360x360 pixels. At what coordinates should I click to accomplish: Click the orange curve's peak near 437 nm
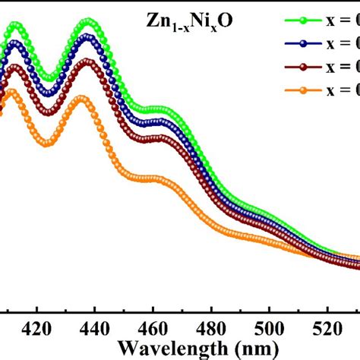click(x=83, y=98)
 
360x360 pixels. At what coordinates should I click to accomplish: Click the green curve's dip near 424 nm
click(x=49, y=78)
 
